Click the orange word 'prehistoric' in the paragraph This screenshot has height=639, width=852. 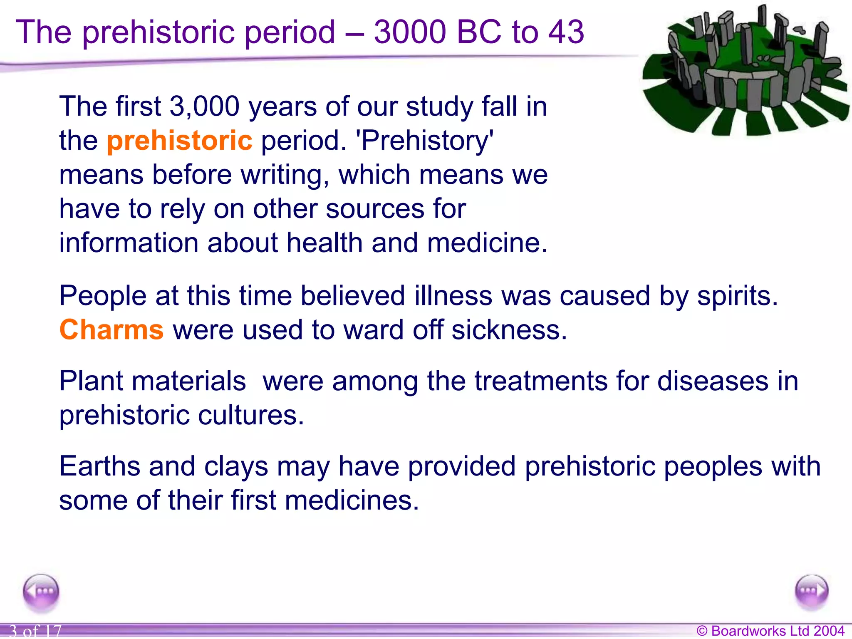pyautogui.click(x=179, y=141)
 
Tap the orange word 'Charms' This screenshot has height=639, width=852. pyautogui.click(x=111, y=330)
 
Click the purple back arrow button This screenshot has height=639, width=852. pyautogui.click(x=41, y=592)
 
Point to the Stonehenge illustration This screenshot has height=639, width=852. pyautogui.click(x=745, y=71)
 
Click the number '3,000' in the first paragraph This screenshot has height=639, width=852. pyautogui.click(x=204, y=106)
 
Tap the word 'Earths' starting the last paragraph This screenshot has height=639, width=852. pyautogui.click(x=100, y=466)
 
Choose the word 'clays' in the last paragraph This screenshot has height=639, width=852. pyautogui.click(x=236, y=466)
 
